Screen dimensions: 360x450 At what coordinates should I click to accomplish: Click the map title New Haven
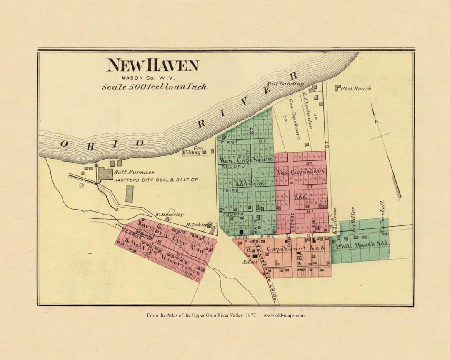(x=152, y=65)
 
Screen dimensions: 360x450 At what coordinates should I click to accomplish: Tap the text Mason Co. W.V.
(x=148, y=77)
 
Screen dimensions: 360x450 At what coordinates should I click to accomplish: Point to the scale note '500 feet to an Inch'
(x=155, y=87)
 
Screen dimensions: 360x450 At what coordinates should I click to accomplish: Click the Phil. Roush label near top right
(x=355, y=88)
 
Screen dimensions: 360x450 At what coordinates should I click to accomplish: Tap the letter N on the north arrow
(x=377, y=122)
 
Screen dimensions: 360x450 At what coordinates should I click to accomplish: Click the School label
(x=250, y=262)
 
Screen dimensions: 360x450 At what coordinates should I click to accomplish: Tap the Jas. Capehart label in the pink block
(x=300, y=171)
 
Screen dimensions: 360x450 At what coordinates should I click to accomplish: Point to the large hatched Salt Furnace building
(x=105, y=173)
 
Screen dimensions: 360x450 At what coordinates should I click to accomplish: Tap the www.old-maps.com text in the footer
(x=284, y=315)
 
